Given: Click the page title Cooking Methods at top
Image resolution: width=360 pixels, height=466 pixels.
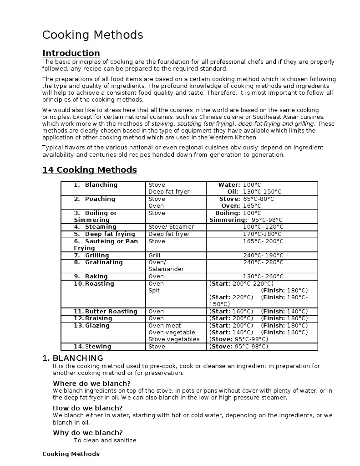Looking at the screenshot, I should [92, 35].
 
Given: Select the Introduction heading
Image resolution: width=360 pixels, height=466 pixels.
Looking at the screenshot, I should [71, 53].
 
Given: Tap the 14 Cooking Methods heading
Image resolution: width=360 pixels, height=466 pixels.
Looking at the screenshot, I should [90, 170].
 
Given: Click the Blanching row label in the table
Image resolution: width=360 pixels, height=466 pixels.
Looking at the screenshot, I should [101, 185].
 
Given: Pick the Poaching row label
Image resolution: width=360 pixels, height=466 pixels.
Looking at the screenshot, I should [100, 199].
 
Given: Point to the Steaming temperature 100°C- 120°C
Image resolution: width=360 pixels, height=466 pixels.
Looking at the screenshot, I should [263, 227].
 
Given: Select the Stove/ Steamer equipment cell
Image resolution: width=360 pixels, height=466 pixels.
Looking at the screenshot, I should [171, 227].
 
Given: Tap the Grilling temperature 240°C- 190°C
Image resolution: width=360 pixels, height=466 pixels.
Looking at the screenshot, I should [263, 256].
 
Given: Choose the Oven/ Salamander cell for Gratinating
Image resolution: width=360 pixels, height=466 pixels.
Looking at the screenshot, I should [166, 266].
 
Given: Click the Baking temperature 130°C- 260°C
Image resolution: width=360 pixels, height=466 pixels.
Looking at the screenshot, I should [263, 277].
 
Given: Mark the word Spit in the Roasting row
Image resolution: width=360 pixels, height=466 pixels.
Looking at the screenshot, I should [154, 291].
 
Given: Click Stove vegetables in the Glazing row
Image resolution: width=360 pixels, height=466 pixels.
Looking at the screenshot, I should [174, 339].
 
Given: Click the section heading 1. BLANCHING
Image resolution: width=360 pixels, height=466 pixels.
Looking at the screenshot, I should [73, 358].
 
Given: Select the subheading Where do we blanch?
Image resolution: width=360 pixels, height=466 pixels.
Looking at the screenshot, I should [91, 384].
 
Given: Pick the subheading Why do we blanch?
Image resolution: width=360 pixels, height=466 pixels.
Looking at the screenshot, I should [87, 433].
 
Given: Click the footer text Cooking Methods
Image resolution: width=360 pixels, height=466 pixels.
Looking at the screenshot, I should [71, 454].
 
